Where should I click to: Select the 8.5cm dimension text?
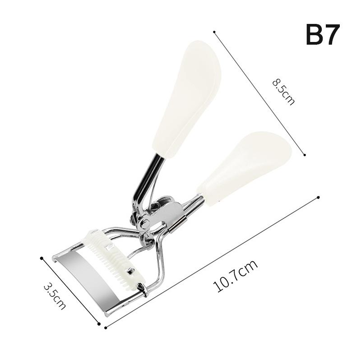283,92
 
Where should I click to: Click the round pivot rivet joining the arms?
144,222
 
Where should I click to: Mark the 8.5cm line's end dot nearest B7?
214,32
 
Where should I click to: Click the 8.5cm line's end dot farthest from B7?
305,155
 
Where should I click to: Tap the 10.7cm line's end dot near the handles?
319,197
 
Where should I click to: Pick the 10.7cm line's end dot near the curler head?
106,328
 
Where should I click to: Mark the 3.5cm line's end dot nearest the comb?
42,258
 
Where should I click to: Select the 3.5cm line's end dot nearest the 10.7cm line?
99,323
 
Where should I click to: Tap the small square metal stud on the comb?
131,272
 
